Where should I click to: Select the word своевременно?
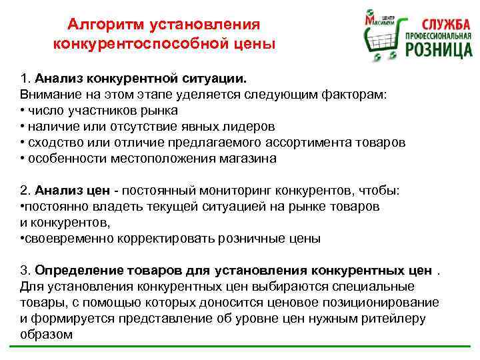pos(67,238)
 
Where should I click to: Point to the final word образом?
pos(46,334)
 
